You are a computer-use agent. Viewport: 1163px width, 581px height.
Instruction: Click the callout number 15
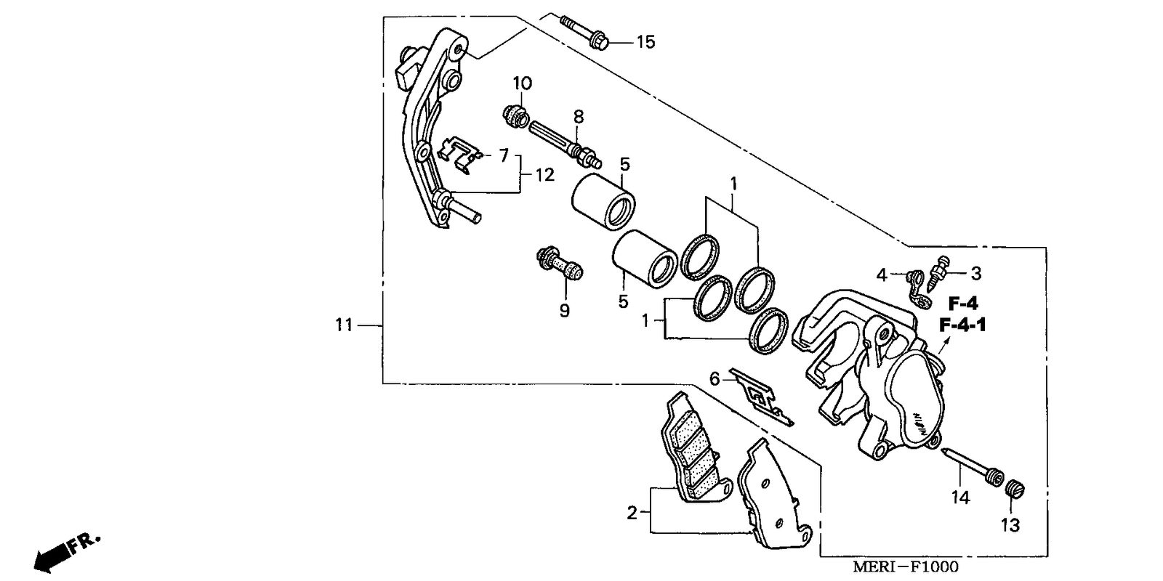pyautogui.click(x=645, y=42)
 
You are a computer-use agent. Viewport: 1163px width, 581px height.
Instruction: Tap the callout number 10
pyautogui.click(x=523, y=84)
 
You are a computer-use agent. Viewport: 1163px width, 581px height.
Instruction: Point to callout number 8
pyautogui.click(x=579, y=116)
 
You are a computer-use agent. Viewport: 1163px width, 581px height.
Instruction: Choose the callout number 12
pyautogui.click(x=544, y=175)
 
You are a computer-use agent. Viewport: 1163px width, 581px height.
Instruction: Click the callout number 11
pyautogui.click(x=344, y=325)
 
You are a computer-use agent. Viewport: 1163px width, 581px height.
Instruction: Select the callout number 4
pyautogui.click(x=882, y=275)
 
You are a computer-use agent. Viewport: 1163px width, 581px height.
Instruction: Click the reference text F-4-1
pyautogui.click(x=962, y=325)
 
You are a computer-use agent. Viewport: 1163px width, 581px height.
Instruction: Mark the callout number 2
pyautogui.click(x=632, y=513)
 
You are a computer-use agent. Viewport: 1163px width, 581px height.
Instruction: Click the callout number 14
pyautogui.click(x=961, y=497)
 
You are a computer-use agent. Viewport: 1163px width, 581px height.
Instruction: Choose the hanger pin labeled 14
pyautogui.click(x=974, y=466)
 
